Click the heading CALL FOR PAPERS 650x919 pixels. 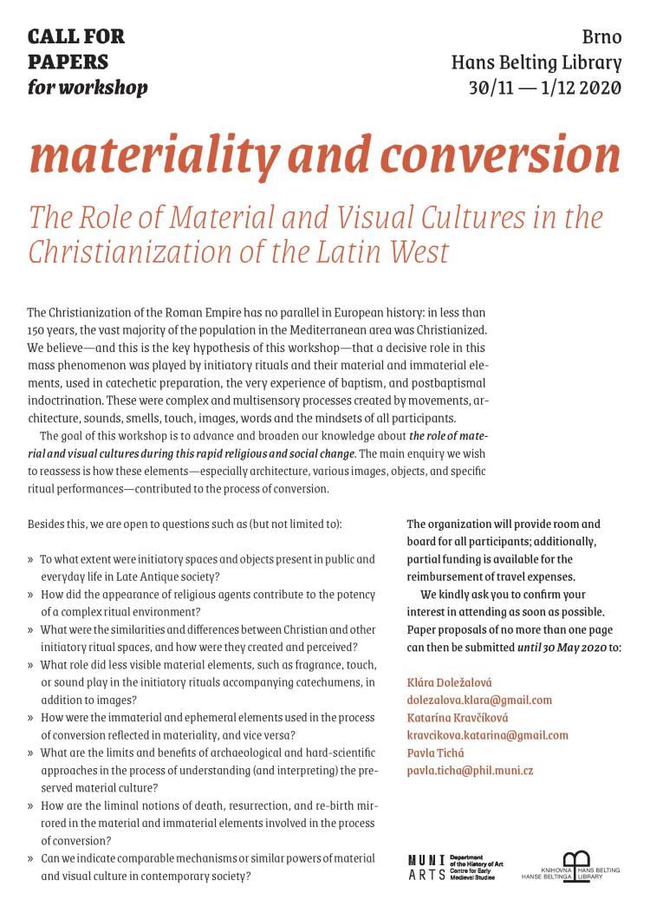coord(76,49)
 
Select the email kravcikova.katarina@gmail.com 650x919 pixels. coord(487,735)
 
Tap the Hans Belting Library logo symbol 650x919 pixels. coord(576,859)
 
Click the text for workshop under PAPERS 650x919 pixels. coord(88,88)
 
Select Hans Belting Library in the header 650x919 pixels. coord(536,62)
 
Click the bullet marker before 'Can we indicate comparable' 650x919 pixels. coord(31,859)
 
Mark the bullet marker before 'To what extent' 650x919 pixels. coord(31,559)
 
